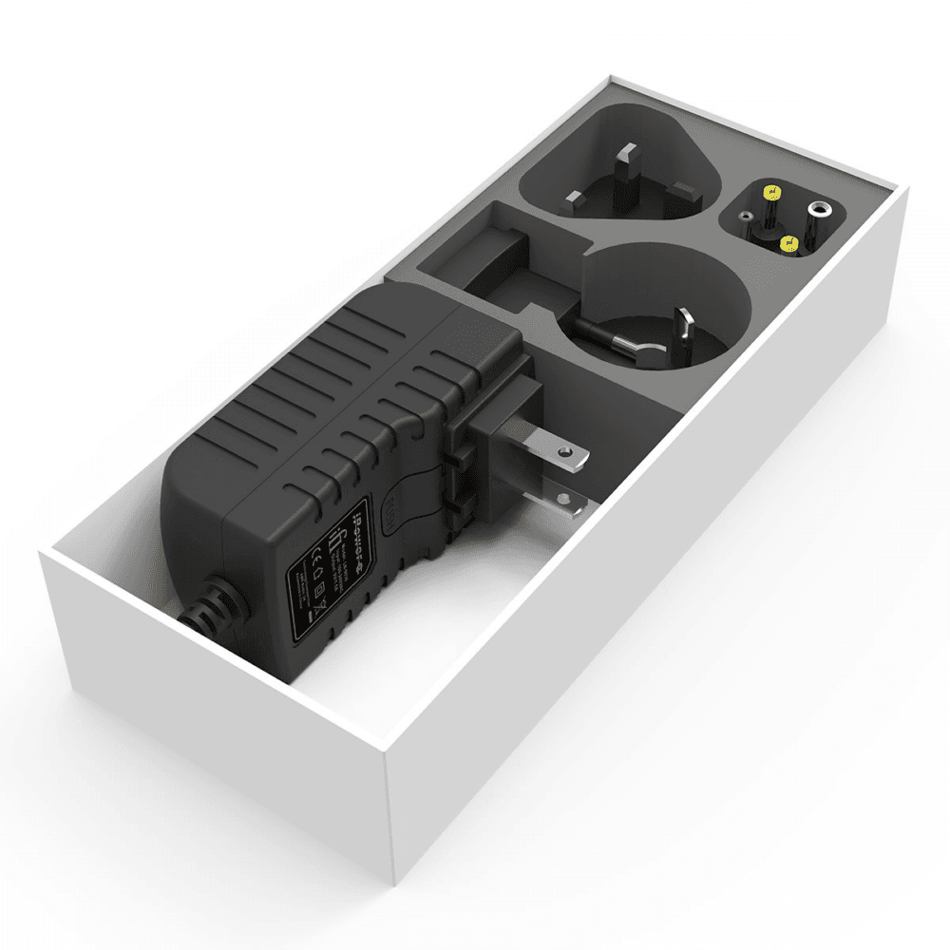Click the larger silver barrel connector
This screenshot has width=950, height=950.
(x=816, y=209)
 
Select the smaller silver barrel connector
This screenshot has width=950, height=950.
(x=748, y=218)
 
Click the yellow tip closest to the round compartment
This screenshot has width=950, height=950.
(x=788, y=244)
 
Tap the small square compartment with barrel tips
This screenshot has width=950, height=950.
(x=783, y=220)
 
